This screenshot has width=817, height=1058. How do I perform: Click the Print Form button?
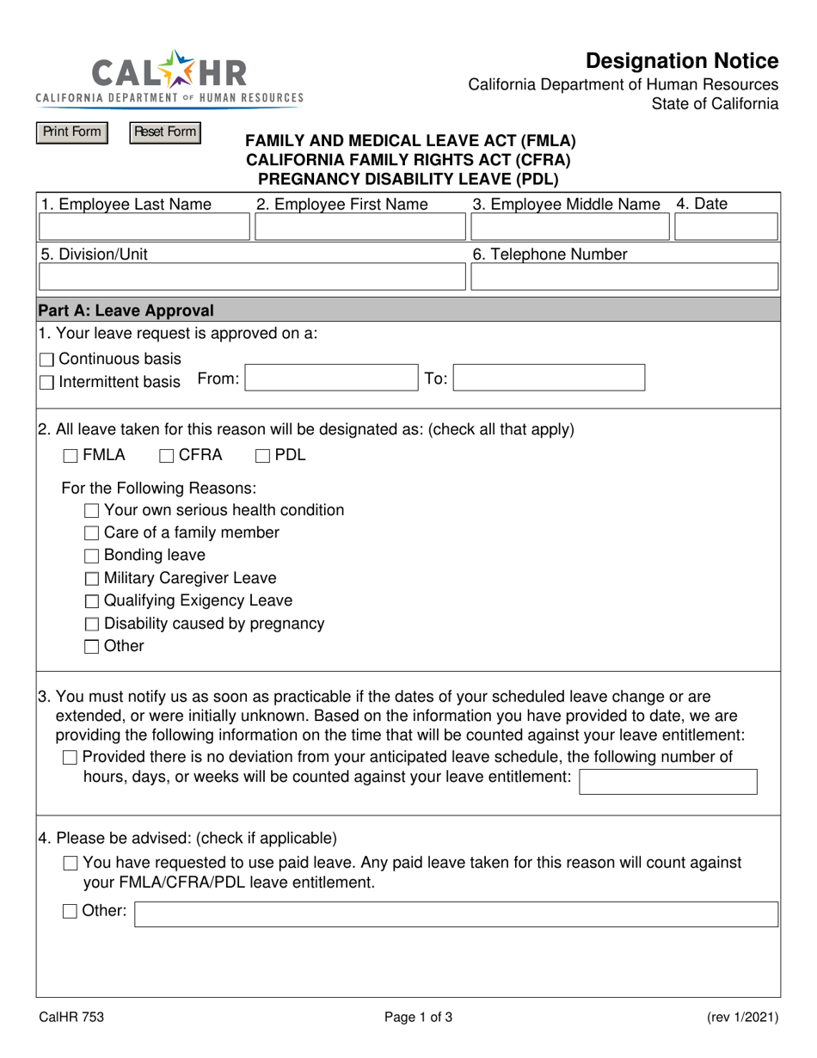click(71, 132)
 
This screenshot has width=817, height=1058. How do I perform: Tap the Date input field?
click(726, 227)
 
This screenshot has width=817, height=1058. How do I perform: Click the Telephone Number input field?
click(623, 277)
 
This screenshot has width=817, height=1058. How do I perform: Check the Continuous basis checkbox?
click(47, 360)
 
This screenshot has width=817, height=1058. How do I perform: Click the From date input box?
click(331, 378)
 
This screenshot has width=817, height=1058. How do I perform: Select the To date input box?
click(550, 378)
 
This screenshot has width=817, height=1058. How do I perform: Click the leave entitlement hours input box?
click(669, 781)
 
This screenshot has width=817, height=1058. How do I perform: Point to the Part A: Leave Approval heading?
click(127, 311)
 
